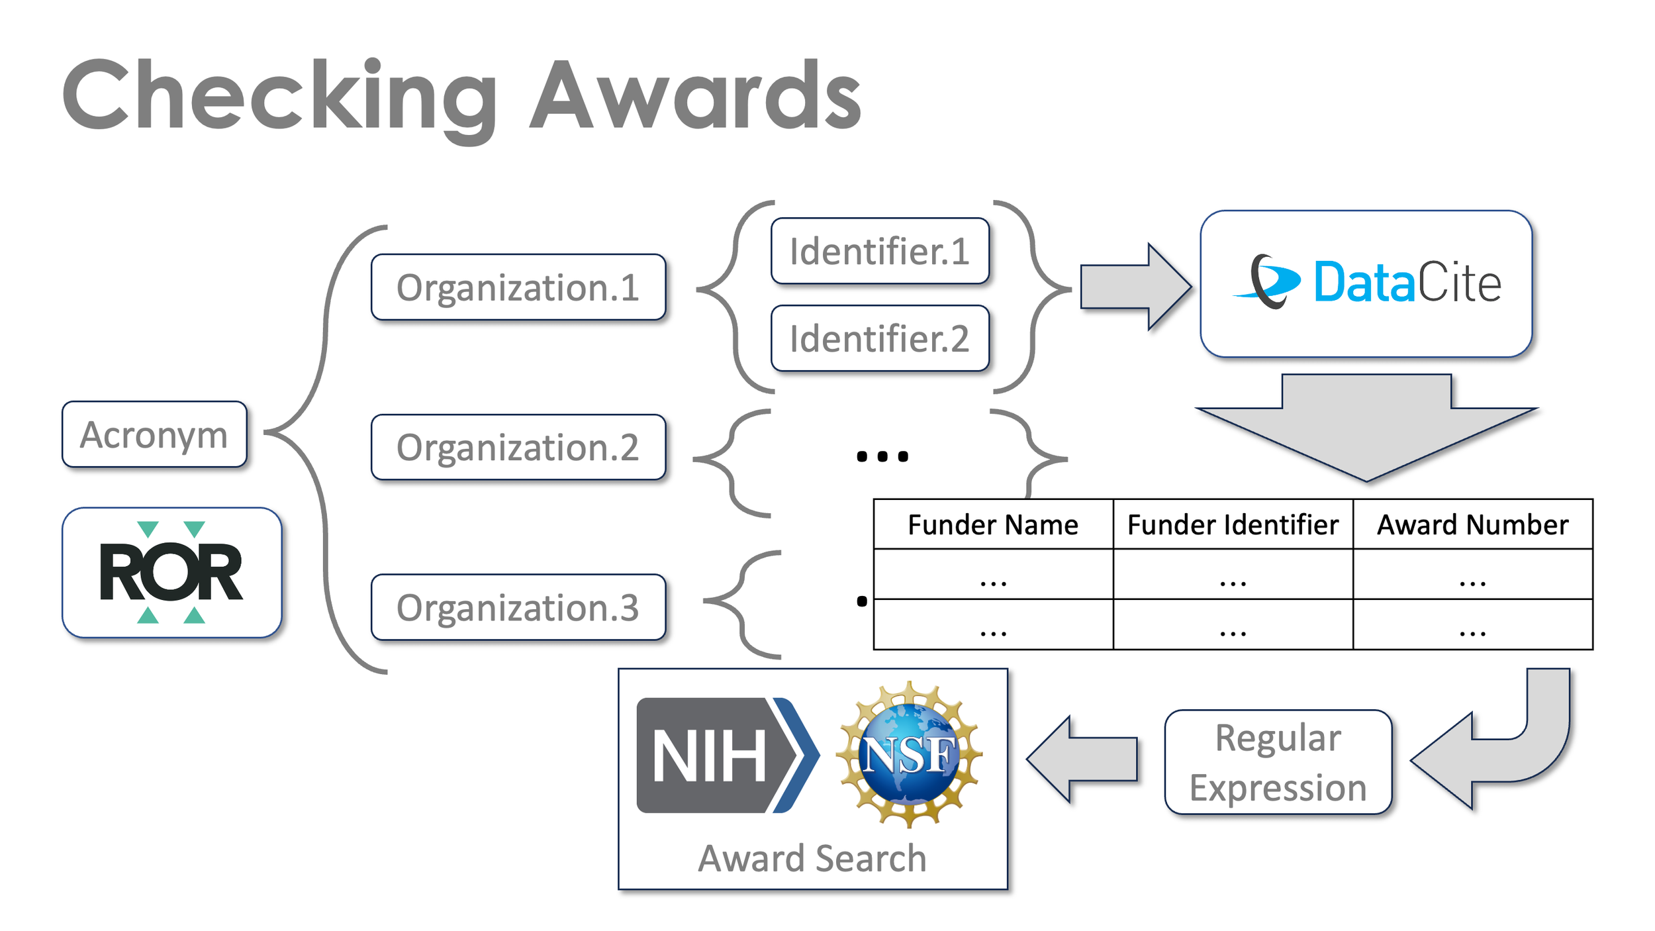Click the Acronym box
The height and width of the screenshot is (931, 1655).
[x=154, y=434]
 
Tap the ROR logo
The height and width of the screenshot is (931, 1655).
[x=171, y=573]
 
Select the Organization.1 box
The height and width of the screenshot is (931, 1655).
[x=518, y=287]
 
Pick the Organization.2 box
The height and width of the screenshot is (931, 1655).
[x=518, y=448]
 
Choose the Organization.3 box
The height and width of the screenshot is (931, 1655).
[x=518, y=607]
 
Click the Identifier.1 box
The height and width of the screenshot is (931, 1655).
[x=880, y=251]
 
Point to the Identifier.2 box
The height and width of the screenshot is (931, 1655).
[x=880, y=338]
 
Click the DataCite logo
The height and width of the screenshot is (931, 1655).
[x=1366, y=283]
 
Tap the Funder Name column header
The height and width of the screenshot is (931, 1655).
[x=993, y=524]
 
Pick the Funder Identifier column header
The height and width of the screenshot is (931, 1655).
[x=1233, y=524]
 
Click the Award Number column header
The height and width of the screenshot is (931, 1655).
[x=1472, y=524]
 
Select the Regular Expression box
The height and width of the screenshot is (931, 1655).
[x=1278, y=762]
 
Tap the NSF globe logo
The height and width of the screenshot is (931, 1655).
[x=909, y=755]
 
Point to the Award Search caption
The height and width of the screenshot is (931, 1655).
[x=812, y=859]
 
